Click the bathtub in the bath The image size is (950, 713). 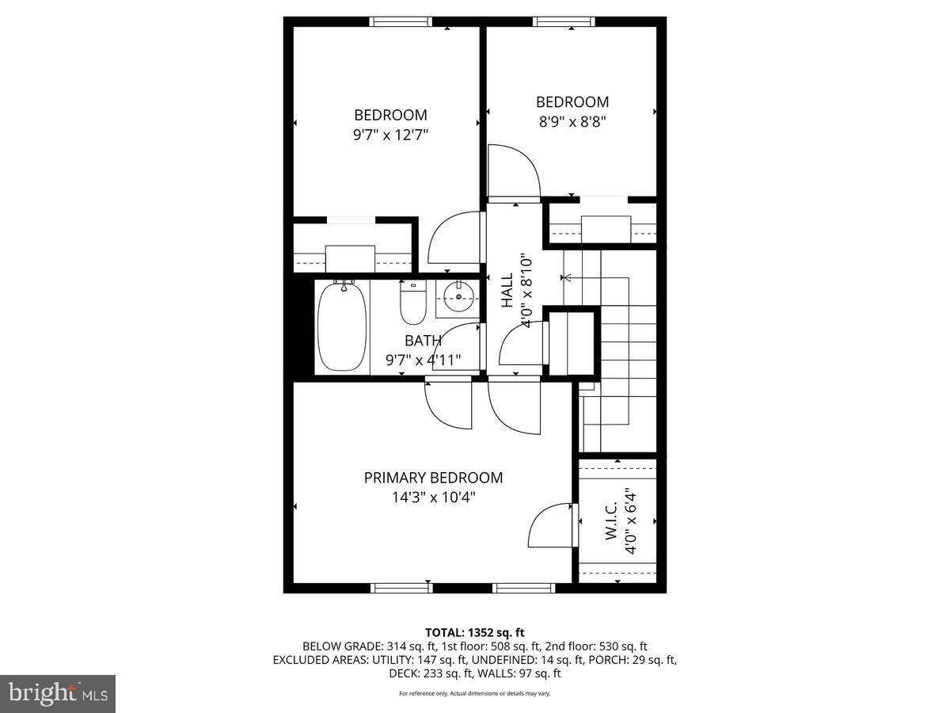pos(342,326)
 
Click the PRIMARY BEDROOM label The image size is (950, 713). pos(433,478)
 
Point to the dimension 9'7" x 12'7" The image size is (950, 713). pos(390,135)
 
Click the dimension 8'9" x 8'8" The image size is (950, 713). pos(572,122)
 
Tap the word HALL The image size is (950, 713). pos(507,292)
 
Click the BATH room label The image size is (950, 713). pos(423,341)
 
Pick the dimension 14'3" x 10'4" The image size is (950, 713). pos(433,498)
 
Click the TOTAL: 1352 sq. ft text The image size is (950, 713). pos(475,632)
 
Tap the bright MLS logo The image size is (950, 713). pos(58,693)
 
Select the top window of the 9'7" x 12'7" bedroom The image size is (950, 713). pos(401,21)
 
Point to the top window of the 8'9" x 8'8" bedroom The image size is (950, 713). pos(564,21)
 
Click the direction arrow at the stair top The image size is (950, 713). pos(566,277)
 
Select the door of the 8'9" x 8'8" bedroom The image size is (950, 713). pos(512,170)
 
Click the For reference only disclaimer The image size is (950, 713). pos(475,693)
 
